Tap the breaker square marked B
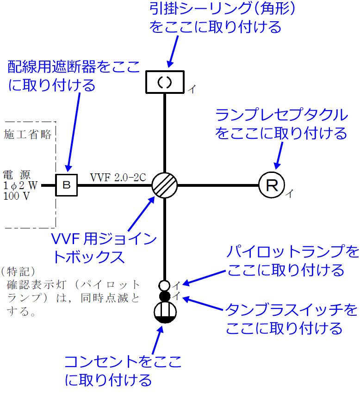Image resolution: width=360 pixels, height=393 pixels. tap(67, 185)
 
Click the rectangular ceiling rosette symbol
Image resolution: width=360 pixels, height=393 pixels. tap(165, 82)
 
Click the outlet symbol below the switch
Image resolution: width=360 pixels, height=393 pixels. tap(165, 312)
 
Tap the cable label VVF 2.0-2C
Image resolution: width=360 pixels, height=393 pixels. tap(118, 177)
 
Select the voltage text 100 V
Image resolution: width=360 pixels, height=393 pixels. tap(17, 195)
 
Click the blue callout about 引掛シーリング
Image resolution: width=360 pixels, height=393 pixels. tap(216, 18)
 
